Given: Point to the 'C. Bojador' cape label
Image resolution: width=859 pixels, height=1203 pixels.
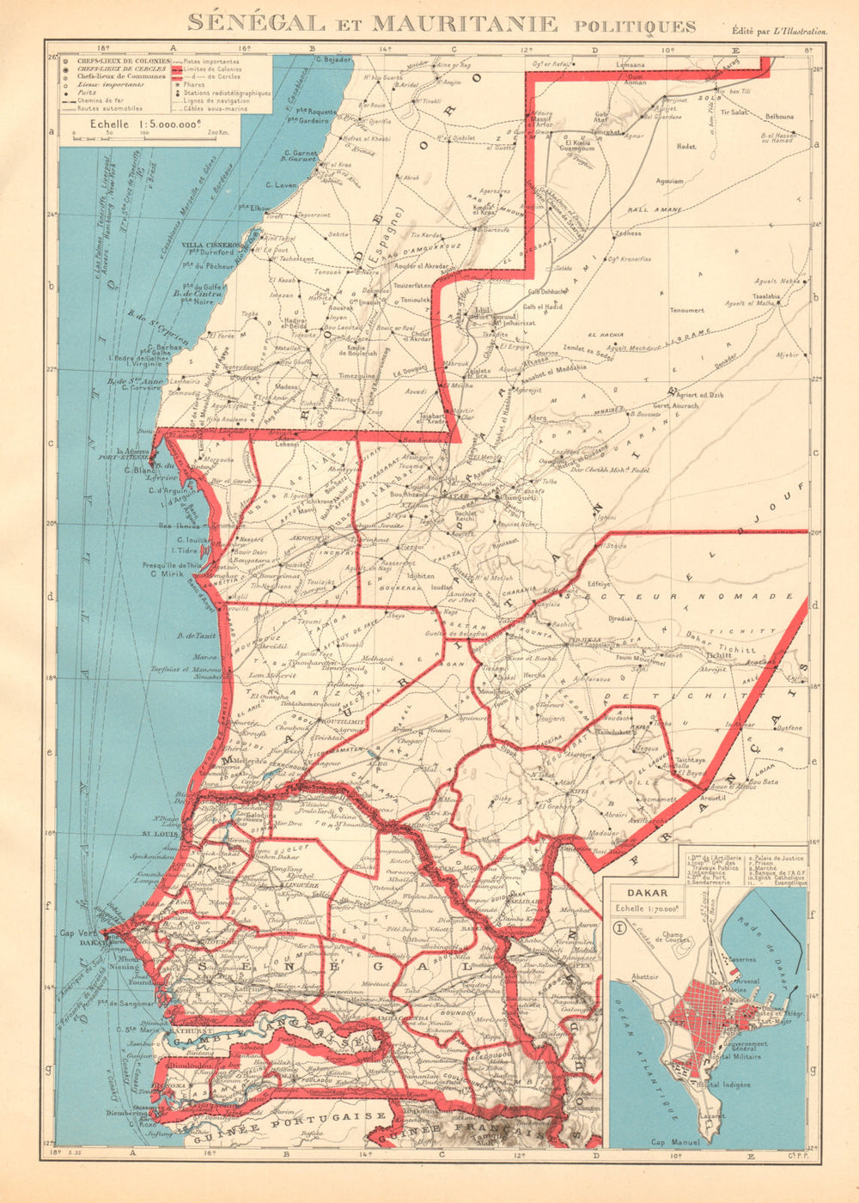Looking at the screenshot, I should click(x=334, y=59).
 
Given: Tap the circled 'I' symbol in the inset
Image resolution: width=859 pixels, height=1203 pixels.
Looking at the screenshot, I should click(x=620, y=927).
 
